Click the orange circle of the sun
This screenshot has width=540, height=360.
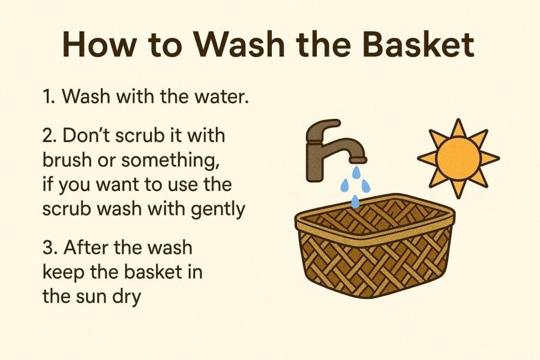[x=457, y=158]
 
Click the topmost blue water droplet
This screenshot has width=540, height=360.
[x=356, y=172]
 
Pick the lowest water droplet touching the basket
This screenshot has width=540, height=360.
[x=355, y=202]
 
